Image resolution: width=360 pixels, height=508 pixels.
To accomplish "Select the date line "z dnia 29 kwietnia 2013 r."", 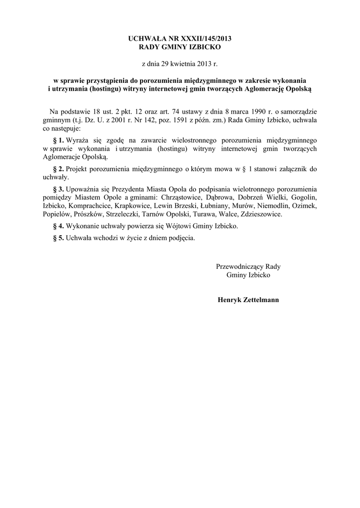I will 180,64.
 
